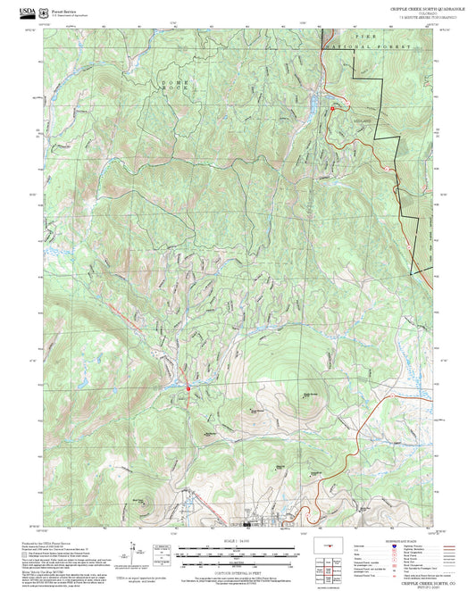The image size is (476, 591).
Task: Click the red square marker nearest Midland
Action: [332, 109]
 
